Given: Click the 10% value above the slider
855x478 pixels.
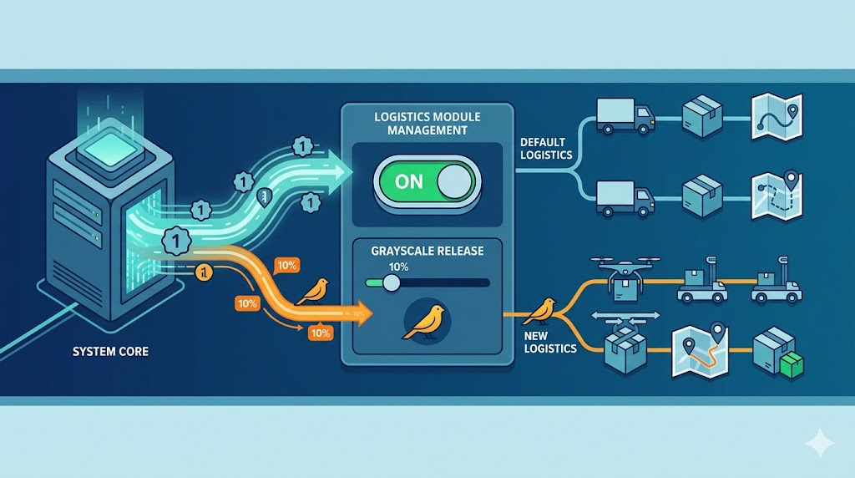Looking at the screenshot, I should pos(398,266).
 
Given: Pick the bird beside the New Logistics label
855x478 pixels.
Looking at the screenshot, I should pos(539,311).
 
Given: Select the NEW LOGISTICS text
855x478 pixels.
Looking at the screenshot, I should pos(549,342).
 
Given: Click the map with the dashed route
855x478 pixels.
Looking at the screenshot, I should pos(776,196).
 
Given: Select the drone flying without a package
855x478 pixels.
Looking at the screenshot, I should pos(625,317).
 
